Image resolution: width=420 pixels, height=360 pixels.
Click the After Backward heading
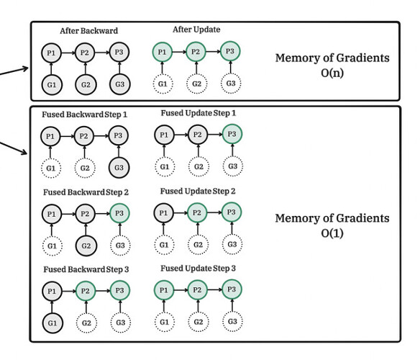coord(89,31)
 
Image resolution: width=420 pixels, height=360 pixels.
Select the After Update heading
coord(196,30)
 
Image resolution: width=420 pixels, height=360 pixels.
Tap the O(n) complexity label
coord(332,73)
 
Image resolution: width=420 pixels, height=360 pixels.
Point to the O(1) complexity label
coord(332,233)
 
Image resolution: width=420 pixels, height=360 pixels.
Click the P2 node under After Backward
coord(85,53)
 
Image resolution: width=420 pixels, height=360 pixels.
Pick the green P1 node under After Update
coord(162,52)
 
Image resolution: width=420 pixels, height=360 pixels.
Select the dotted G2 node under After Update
coord(196,84)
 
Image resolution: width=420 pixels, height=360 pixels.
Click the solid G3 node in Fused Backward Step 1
coord(119,168)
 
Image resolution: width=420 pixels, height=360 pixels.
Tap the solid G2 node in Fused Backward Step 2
coord(86,246)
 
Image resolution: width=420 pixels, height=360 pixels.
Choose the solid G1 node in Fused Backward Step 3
coord(52,323)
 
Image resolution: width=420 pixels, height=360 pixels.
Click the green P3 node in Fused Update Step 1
coord(232,134)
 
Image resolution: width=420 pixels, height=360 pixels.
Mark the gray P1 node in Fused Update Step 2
coord(163,213)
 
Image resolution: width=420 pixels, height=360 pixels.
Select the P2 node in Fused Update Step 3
coord(197,290)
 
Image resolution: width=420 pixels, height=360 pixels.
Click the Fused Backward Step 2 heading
coord(86,192)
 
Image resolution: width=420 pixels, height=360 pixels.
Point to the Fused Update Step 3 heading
coord(198,269)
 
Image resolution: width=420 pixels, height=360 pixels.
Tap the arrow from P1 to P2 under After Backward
coord(68,53)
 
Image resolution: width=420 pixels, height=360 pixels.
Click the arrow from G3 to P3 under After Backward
coord(119,68)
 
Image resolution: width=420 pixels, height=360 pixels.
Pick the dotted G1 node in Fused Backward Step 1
coord(51,168)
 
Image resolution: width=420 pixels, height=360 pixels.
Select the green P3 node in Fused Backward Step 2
coord(119,213)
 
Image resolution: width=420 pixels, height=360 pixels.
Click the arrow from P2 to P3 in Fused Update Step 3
coord(215,289)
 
